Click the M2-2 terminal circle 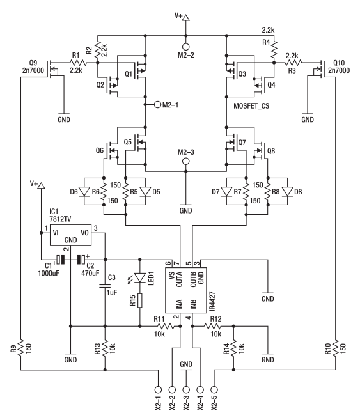[x=186, y=47]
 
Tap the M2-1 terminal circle [x=157, y=105]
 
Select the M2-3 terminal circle [x=186, y=161]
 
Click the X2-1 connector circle [x=158, y=389]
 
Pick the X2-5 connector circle [x=215, y=389]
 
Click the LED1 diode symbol [x=140, y=277]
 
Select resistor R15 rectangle [x=140, y=300]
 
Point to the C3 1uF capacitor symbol [x=105, y=286]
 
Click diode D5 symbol [x=145, y=192]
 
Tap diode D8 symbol [x=287, y=192]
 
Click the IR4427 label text [x=212, y=301]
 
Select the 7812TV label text [x=60, y=219]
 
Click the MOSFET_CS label [x=251, y=106]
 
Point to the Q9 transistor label [x=33, y=63]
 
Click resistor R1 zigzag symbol [x=78, y=63]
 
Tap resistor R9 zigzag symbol [x=20, y=348]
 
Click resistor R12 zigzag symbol [x=212, y=326]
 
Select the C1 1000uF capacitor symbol [x=60, y=260]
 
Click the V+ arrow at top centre [x=186, y=18]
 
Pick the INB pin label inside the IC [x=193, y=304]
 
